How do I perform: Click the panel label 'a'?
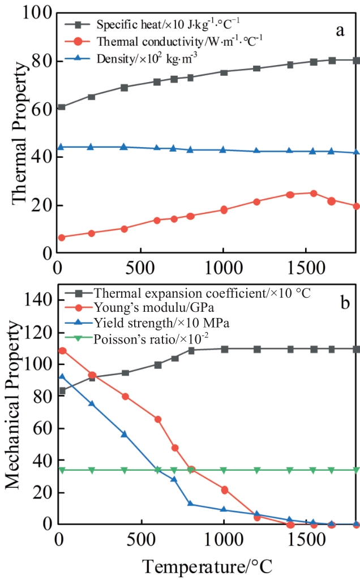click(340, 30)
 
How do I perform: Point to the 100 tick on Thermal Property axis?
click(38, 13)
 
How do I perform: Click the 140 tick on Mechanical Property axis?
click(38, 299)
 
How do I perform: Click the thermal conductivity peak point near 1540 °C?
click(313, 193)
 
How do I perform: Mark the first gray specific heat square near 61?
click(62, 107)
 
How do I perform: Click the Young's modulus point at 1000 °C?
click(225, 489)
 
